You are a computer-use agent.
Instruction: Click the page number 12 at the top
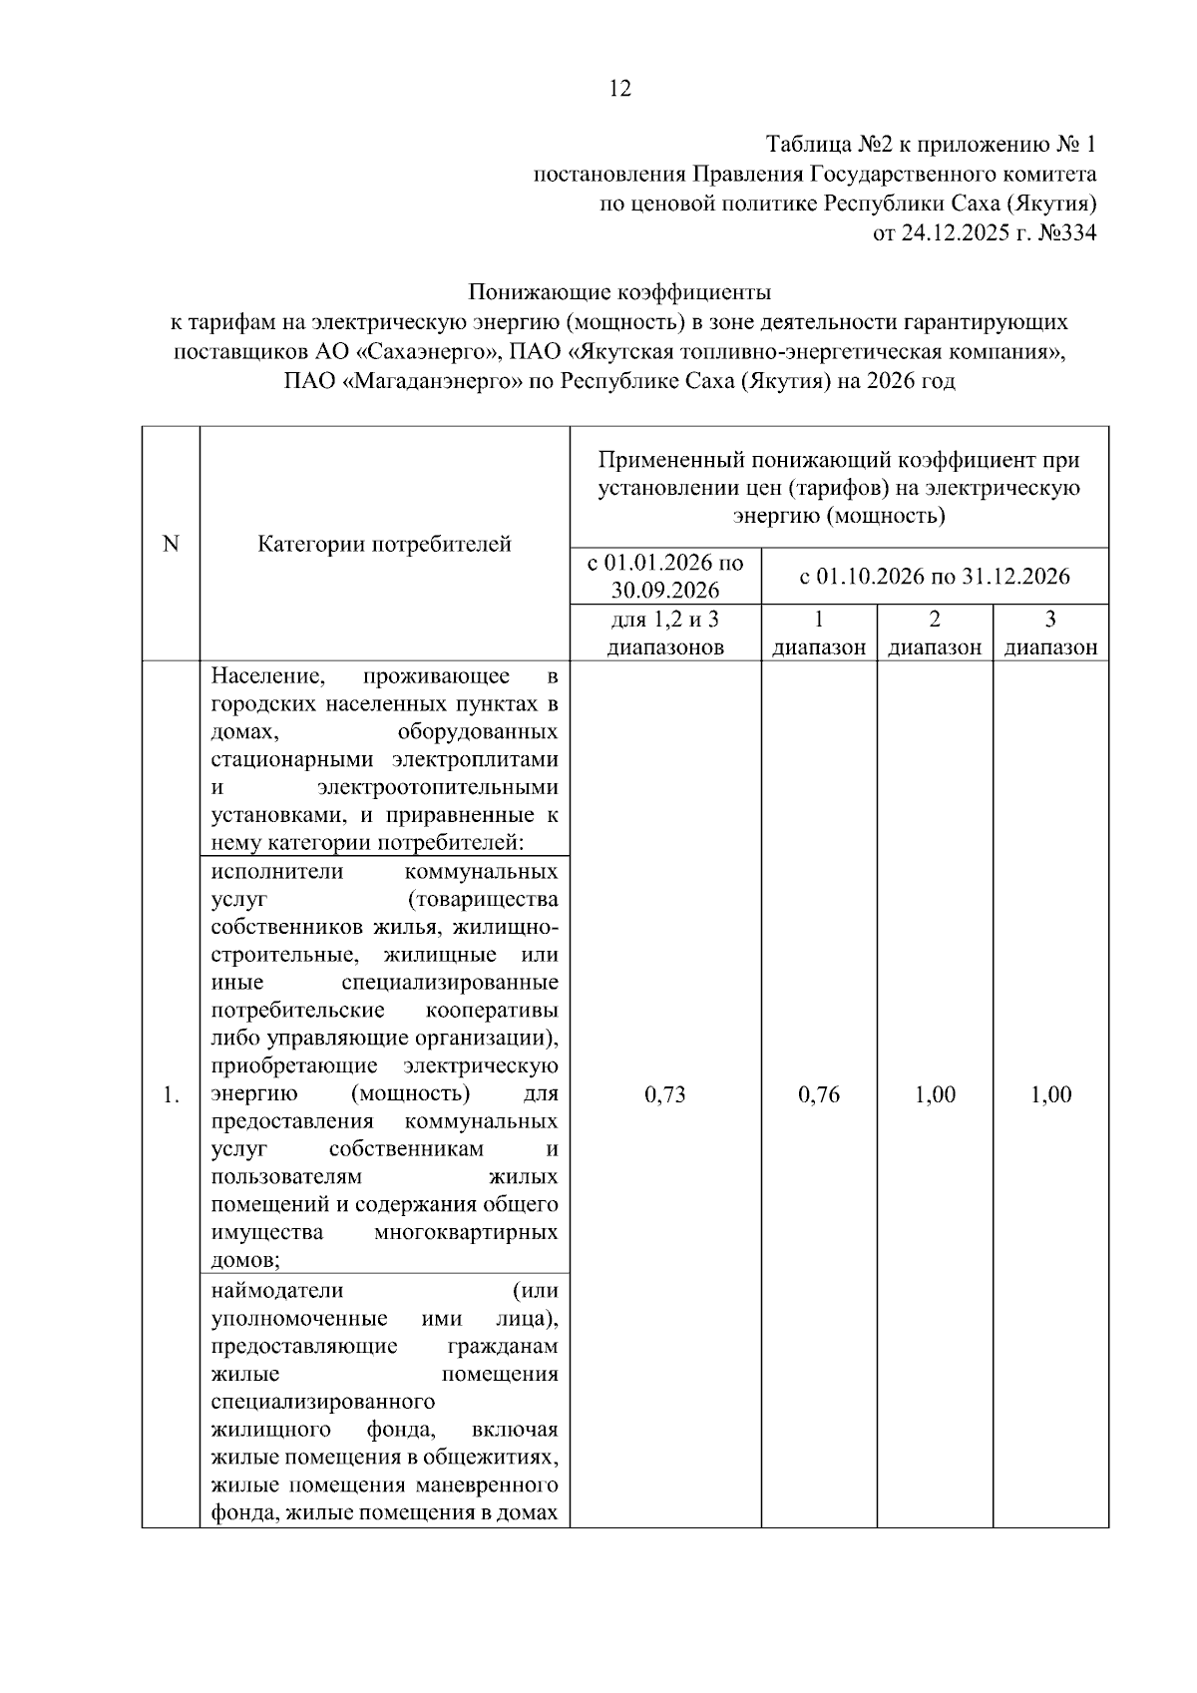click(x=619, y=89)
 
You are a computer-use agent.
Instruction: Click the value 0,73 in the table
click(x=665, y=1094)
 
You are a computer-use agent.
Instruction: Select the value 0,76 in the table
click(x=819, y=1094)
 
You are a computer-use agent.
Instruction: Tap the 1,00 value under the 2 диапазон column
click(x=935, y=1094)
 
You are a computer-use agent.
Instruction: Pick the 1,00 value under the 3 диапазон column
click(x=1050, y=1094)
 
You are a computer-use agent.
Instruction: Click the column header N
click(x=171, y=544)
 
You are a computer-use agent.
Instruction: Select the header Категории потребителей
click(x=384, y=544)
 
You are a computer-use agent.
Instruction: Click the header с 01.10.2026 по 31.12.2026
click(x=935, y=576)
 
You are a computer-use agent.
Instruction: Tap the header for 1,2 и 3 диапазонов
click(x=665, y=633)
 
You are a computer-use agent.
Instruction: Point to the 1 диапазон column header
click(x=819, y=633)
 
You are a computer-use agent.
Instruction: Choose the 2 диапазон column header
click(x=935, y=633)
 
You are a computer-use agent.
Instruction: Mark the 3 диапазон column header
click(x=1050, y=633)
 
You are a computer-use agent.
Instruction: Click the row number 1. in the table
click(x=171, y=1095)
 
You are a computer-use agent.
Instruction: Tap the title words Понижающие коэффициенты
click(x=619, y=293)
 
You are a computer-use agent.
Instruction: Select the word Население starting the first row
click(x=268, y=677)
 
